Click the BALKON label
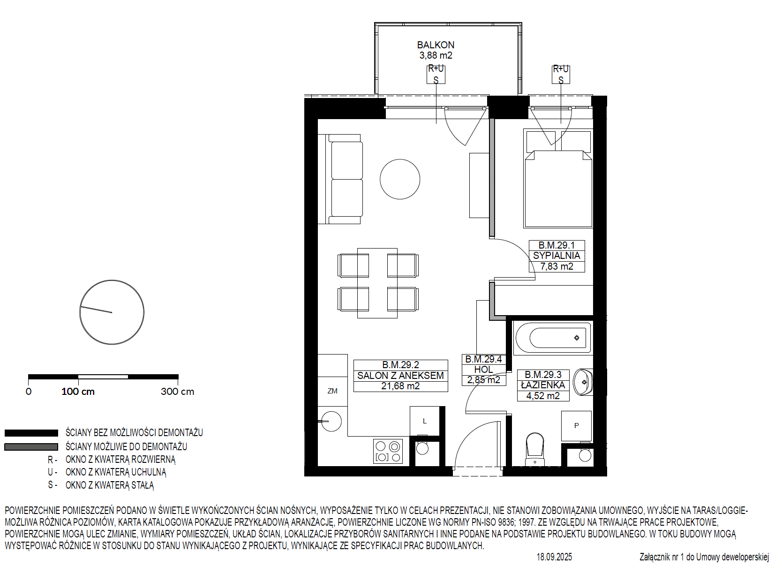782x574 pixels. tap(436, 45)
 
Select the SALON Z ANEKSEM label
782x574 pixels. tap(400, 375)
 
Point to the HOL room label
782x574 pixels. tap(483, 369)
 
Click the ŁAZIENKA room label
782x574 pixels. tap(543, 385)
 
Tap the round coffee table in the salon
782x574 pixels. tap(400, 179)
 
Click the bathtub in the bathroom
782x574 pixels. tap(553, 338)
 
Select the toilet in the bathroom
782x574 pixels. tap(534, 449)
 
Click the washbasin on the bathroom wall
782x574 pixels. tap(583, 382)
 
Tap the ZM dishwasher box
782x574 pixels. tap(332, 391)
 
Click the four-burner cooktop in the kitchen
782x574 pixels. tap(388, 451)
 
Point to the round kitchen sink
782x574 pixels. tap(331, 422)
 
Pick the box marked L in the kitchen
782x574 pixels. tap(424, 421)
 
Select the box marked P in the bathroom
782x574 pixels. tap(576, 426)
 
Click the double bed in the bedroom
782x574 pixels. tap(558, 178)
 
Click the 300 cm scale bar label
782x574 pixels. tap(177, 392)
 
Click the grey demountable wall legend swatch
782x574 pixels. tap(31, 447)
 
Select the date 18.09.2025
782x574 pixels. tap(554, 557)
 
